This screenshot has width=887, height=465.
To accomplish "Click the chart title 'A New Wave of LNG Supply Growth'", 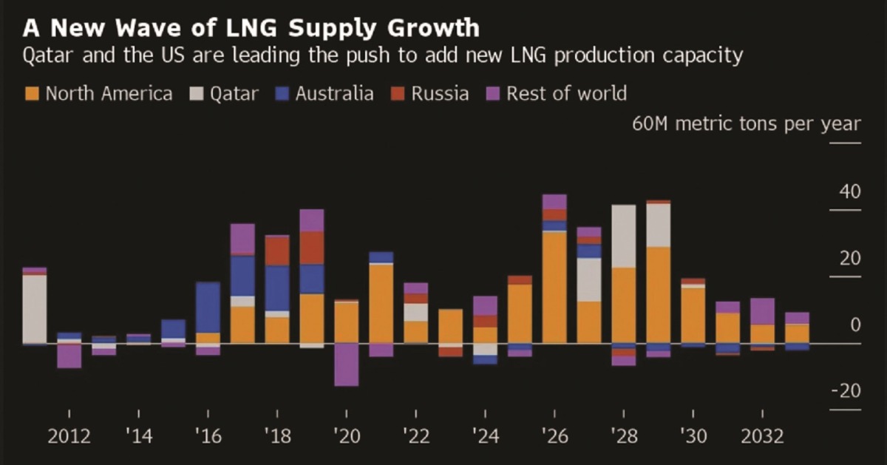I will (251, 28).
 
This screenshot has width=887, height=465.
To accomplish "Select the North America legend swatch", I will (33, 94).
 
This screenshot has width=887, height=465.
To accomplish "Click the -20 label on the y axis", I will (846, 390).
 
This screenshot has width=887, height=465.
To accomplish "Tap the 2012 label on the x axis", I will (69, 436).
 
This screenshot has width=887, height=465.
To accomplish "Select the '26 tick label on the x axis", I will (554, 436).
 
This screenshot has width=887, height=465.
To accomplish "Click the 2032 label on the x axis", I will (761, 436).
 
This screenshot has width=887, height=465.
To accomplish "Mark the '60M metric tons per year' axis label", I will (747, 123).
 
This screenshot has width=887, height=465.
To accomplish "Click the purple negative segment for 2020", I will (346, 364).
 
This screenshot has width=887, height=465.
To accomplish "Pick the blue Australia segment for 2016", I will (208, 308).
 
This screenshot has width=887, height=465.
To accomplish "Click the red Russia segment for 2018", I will (277, 251).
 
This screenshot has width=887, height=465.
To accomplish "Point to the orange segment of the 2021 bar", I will (381, 303).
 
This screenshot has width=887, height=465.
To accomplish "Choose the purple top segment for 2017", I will (242, 239).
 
